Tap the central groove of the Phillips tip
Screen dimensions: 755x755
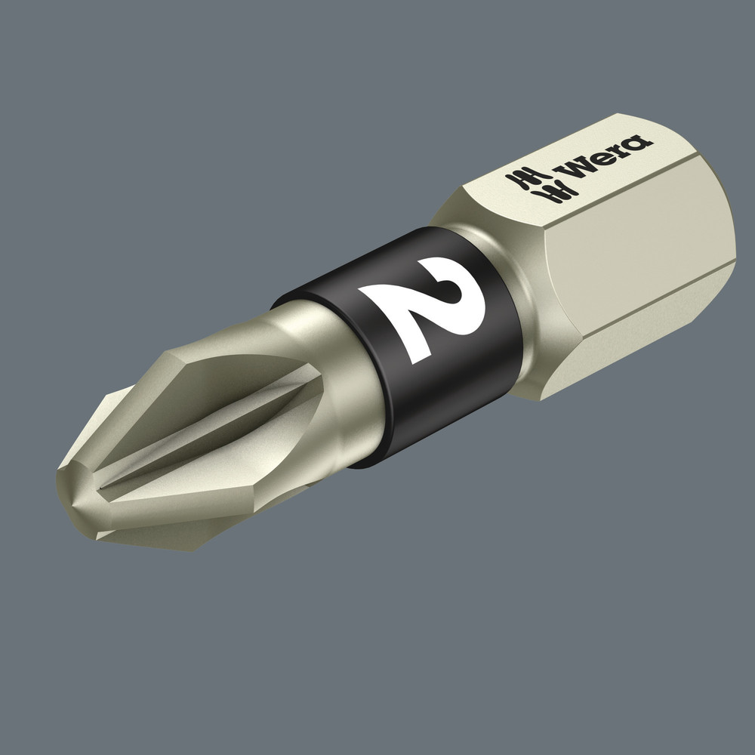tap(204, 445)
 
